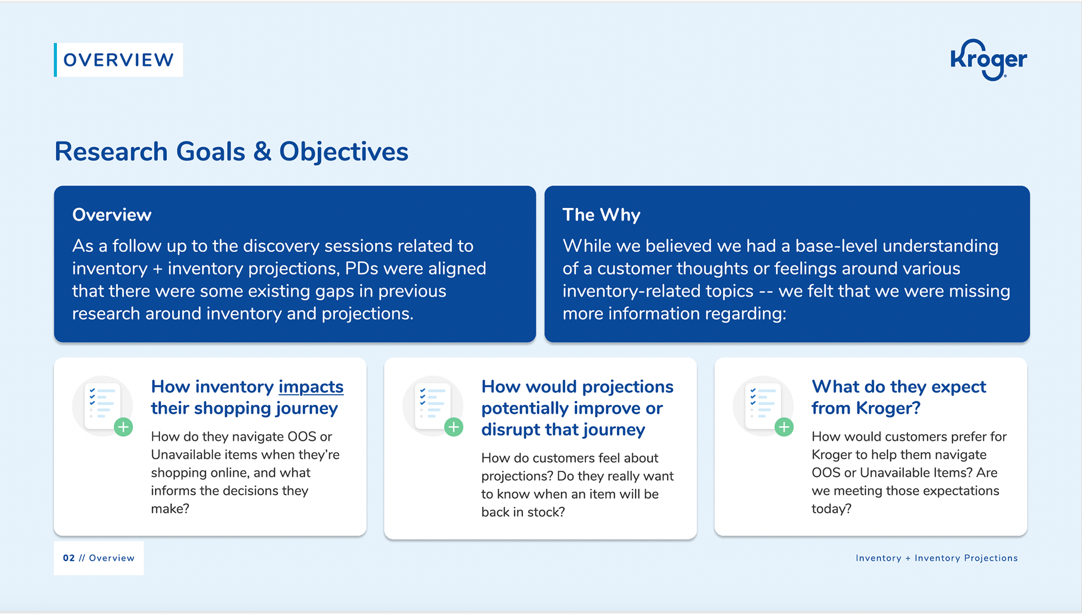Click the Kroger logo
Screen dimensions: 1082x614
988,60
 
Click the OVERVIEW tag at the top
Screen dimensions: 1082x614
118,60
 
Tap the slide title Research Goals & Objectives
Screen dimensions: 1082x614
231,152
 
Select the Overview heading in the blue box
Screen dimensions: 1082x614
112,215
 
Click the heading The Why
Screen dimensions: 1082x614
601,215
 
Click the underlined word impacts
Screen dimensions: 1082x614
311,387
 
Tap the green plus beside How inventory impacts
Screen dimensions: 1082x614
123,427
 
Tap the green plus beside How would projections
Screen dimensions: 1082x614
454,427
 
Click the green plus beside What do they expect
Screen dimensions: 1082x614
784,427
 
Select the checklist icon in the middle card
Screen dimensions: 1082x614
433,404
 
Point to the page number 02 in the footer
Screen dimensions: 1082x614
69,558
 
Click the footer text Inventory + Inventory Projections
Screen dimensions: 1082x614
937,558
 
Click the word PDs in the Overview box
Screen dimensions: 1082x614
361,268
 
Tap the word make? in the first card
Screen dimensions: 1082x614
170,509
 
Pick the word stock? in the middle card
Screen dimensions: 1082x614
546,512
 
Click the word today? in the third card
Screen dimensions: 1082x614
831,509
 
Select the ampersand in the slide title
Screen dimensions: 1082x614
262,152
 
